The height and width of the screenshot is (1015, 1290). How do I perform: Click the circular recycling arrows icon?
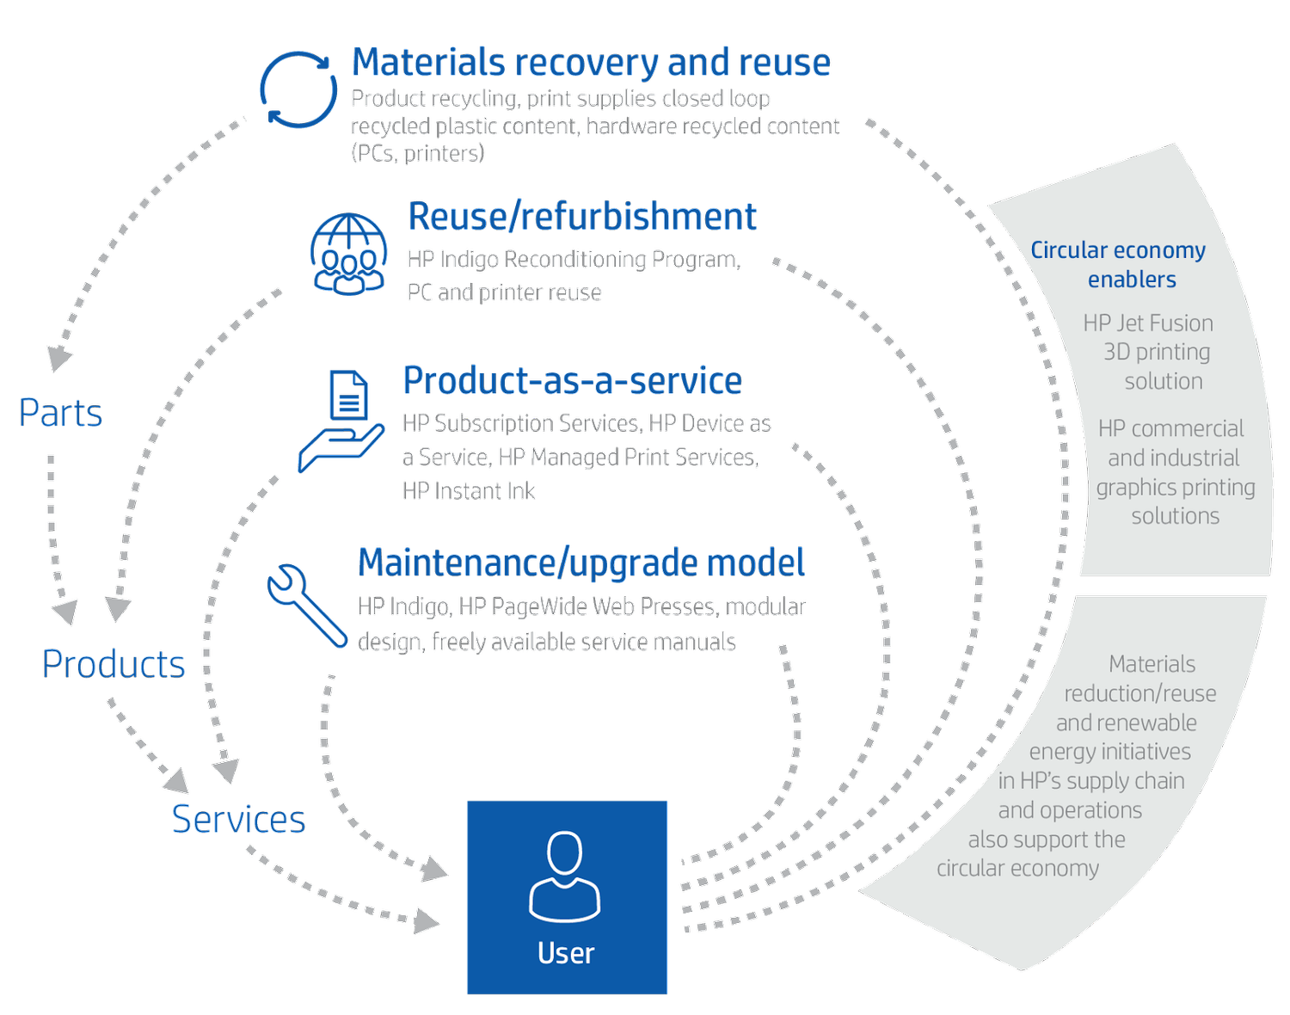coord(298,89)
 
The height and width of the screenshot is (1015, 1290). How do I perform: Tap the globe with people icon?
coord(348,255)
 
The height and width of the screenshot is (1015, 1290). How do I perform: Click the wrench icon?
coord(307,606)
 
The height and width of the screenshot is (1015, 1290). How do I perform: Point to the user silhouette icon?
coord(564,876)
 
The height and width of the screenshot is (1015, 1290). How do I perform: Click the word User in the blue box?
coord(566,953)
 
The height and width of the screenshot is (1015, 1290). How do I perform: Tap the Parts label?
coord(60,413)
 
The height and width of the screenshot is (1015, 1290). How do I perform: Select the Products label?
coord(114,664)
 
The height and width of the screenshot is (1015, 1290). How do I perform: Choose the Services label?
coord(238,819)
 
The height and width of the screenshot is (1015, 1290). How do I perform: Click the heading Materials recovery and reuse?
coord(591,62)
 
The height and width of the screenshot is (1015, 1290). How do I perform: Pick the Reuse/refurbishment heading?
coord(582,216)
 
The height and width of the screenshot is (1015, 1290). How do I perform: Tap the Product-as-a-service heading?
coord(573,380)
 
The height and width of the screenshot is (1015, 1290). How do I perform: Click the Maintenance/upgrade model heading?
coord(581,563)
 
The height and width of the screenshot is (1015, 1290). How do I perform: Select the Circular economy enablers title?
coord(1119,264)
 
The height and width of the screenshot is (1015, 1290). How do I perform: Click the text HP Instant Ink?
coord(468,491)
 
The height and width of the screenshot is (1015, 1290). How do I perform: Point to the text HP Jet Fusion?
coord(1148,323)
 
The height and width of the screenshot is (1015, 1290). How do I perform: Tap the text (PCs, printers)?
coord(417,153)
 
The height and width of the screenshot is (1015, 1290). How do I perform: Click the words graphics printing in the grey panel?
coord(1176,488)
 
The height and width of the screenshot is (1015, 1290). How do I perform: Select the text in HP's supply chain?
coord(1091,780)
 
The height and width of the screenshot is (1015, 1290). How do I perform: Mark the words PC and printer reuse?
coord(504,292)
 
